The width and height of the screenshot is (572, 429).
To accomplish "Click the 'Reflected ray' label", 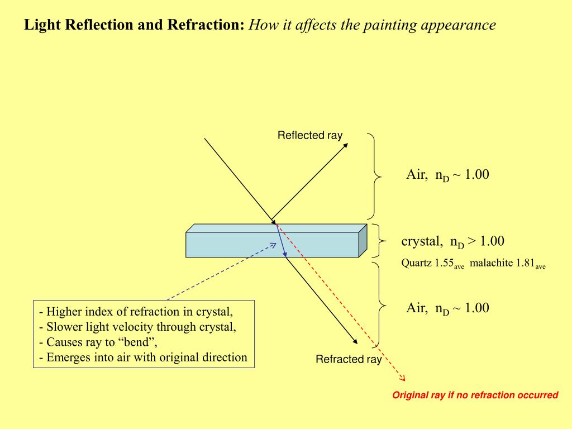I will pyautogui.click(x=309, y=135).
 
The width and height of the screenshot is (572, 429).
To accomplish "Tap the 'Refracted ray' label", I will pyautogui.click(x=349, y=359).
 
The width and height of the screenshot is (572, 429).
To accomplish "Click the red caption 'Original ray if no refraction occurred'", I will pyautogui.click(x=475, y=395).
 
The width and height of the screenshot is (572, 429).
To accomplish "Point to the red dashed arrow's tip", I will pyautogui.click(x=404, y=382).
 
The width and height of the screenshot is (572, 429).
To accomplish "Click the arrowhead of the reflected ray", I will pyautogui.click(x=346, y=145).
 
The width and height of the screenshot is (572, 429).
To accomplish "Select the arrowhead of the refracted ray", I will pyautogui.click(x=355, y=342).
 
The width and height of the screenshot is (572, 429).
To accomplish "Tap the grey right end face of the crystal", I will pyautogui.click(x=363, y=240).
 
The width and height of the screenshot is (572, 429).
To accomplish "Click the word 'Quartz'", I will pyautogui.click(x=417, y=263).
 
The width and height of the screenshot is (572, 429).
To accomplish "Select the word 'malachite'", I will pyautogui.click(x=491, y=263).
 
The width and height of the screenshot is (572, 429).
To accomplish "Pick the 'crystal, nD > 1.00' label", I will pyautogui.click(x=452, y=241).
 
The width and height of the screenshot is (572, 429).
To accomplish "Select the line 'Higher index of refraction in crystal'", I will pyautogui.click(x=136, y=312).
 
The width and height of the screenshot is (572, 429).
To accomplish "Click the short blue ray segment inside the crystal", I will pyautogui.click(x=281, y=240).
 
